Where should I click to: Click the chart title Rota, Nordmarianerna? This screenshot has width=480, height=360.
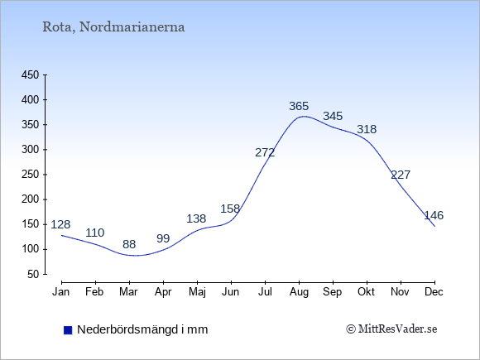click(113, 27)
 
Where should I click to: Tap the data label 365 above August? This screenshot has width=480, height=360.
click(299, 106)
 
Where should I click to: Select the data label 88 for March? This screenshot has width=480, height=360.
click(129, 244)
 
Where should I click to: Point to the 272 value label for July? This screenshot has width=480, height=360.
click(265, 152)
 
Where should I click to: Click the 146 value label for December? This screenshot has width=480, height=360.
click(434, 215)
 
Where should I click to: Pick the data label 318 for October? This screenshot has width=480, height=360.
click(367, 129)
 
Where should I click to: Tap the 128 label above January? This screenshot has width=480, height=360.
click(60, 225)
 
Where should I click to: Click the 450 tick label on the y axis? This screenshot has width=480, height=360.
click(31, 75)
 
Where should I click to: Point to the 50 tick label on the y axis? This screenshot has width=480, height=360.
click(33, 274)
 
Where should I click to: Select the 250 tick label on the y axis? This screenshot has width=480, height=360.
click(31, 175)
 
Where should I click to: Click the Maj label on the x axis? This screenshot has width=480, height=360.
click(198, 292)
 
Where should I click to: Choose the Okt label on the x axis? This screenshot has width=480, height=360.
click(366, 292)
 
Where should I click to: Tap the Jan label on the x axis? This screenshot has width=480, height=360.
click(61, 292)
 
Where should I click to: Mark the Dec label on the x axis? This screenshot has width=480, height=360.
click(434, 292)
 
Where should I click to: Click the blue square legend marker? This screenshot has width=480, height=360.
click(68, 330)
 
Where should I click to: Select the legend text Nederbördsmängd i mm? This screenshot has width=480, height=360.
click(142, 329)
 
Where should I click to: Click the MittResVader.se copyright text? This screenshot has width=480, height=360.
click(391, 329)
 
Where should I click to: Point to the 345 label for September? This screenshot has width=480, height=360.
click(333, 117)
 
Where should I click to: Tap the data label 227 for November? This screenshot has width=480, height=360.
click(401, 175)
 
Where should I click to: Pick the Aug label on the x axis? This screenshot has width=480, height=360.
click(299, 292)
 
